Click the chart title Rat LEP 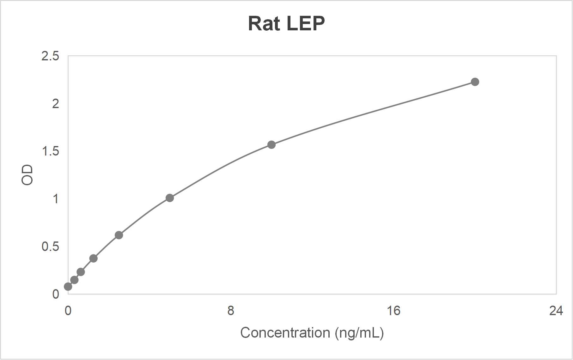point(286,23)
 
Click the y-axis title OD point(27,175)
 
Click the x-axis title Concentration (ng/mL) point(312,333)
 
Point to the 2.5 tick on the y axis point(50,56)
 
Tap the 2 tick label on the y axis point(56,104)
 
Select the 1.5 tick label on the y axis point(50,151)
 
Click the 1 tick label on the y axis point(56,199)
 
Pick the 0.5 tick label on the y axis point(50,247)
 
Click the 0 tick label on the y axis point(56,294)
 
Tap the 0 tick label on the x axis point(68,311)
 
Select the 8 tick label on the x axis point(231,311)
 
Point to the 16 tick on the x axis point(393,311)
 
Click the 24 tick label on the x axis point(556,311)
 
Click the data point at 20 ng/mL point(475,82)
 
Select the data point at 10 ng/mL point(271,145)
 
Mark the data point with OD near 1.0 point(170,198)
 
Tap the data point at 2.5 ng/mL point(119,235)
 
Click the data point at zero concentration point(68,287)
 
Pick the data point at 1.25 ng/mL point(93,258)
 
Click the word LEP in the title point(305,23)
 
